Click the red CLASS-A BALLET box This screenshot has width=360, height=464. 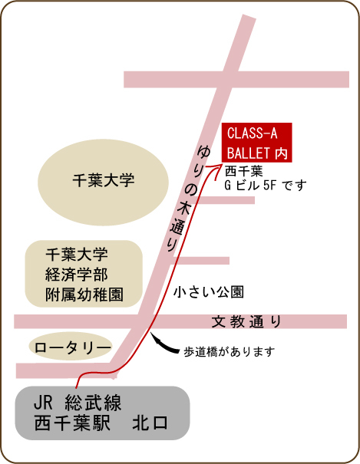tap(257, 143)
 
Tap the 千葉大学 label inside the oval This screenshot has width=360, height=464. tap(104, 180)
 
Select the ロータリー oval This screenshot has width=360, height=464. tap(71, 347)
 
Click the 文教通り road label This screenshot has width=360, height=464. tap(246, 321)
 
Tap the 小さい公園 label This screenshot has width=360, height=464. tap(209, 292)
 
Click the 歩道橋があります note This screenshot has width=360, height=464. tap(230, 352)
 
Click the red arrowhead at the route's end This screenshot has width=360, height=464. tap(216, 170)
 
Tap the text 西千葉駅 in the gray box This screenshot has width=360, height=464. tap(72, 423)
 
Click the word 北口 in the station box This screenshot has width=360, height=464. tap(150, 423)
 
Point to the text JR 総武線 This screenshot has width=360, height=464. tap(78, 403)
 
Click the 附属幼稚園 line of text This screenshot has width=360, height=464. tap(84, 295)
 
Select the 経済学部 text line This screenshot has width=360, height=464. tap(77, 275)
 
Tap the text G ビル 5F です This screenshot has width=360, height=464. tap(266, 186)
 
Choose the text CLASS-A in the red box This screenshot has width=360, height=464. tap(253, 133)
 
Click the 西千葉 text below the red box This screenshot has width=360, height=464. tap(243, 171)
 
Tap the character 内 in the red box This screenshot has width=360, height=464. tap(281, 153)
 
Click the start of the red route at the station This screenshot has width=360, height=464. tap(77, 387)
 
